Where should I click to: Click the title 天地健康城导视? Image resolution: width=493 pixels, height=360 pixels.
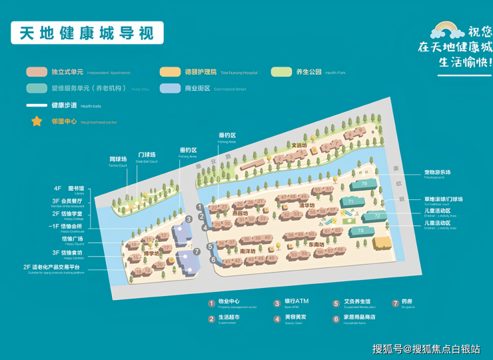[87, 32]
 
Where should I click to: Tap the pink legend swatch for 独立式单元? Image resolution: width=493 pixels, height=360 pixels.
[36, 72]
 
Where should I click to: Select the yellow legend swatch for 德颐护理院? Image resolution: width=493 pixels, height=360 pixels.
[169, 72]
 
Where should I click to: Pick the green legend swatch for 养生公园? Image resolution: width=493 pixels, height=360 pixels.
[281, 72]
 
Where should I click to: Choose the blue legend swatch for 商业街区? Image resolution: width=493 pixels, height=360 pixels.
[169, 88]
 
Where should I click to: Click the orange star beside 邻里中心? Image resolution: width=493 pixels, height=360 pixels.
[36, 121]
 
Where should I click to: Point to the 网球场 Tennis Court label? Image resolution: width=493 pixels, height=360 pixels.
[118, 160]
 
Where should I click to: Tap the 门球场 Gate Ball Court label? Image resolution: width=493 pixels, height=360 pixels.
[147, 155]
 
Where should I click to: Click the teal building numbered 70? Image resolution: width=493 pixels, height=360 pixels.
[364, 183]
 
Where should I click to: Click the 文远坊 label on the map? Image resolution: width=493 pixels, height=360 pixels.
[299, 145]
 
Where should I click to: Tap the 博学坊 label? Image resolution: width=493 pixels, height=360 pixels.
[151, 253]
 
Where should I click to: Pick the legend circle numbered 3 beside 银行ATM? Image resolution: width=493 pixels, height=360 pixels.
[276, 303]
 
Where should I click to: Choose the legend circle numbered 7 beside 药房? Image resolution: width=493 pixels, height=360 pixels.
[395, 303]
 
